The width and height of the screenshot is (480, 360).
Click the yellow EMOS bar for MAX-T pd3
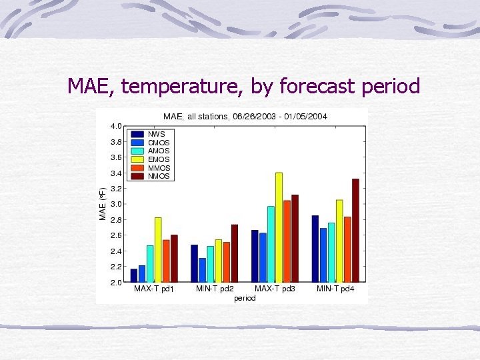coord(279,227)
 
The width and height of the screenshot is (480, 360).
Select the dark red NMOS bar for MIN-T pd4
coord(355,230)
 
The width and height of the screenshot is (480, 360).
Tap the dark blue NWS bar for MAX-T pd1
coord(134,275)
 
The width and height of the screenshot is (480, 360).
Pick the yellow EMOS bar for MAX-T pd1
coord(158,249)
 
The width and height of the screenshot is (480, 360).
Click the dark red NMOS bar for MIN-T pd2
coord(234,253)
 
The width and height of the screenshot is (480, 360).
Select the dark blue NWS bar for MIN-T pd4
coord(315,249)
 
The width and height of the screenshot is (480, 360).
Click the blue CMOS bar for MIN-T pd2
coord(202,270)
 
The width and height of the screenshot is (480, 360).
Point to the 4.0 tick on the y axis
coord(115,126)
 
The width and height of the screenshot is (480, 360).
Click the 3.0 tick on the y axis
coord(115,204)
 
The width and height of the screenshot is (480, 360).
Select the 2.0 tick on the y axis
coord(115,282)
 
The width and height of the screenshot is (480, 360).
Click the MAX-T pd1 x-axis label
coord(154,289)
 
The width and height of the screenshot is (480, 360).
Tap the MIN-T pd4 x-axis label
coord(335,289)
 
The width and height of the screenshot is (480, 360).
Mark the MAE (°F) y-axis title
coord(103,203)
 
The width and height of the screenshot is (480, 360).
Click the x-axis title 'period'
coord(245,299)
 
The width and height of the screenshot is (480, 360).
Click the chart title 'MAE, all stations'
coord(197,117)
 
